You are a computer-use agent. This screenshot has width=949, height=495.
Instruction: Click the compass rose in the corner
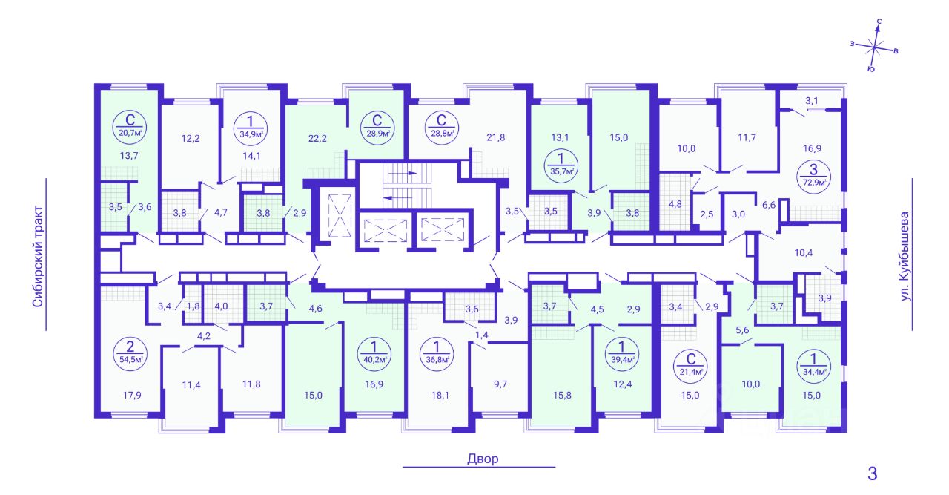874,46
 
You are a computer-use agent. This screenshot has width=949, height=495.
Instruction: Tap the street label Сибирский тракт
38,256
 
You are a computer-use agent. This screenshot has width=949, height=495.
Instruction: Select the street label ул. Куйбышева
905,257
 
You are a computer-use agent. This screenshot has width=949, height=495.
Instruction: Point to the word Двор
483,459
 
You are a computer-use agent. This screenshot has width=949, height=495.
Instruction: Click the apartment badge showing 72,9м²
813,177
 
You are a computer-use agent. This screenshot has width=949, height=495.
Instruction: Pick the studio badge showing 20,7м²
130,127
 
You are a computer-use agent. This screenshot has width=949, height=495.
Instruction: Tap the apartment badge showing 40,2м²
374,354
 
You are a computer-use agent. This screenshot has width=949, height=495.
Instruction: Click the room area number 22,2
317,138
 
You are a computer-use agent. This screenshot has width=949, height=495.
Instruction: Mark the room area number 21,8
496,137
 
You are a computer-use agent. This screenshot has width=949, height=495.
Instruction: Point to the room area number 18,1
440,396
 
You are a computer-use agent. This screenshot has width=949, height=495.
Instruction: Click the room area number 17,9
132,396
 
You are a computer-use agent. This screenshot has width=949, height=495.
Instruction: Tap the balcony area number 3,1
812,101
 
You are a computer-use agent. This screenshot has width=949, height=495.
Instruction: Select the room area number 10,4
803,253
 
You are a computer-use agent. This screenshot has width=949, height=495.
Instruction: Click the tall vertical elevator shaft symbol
340,215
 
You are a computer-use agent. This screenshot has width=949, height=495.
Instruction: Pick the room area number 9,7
500,384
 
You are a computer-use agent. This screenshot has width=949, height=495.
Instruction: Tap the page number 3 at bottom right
873,473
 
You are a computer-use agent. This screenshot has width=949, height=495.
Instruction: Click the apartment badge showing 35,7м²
561,165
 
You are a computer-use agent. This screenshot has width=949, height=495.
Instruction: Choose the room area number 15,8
562,396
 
